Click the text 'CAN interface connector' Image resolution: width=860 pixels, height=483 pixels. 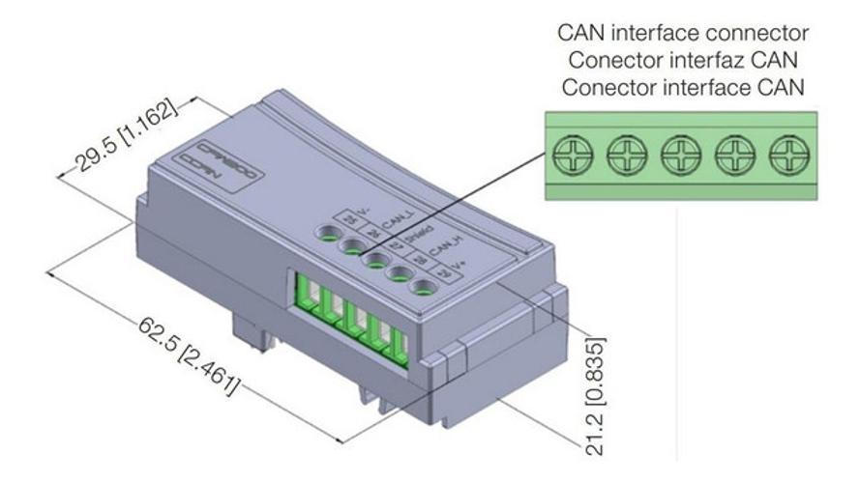[683, 33]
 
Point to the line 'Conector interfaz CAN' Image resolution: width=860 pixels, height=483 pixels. [683, 59]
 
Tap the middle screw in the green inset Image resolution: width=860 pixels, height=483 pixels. [679, 154]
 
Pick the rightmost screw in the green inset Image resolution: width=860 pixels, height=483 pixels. [788, 154]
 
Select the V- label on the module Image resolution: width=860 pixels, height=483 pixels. [364, 211]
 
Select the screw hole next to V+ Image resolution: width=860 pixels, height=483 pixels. [423, 286]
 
